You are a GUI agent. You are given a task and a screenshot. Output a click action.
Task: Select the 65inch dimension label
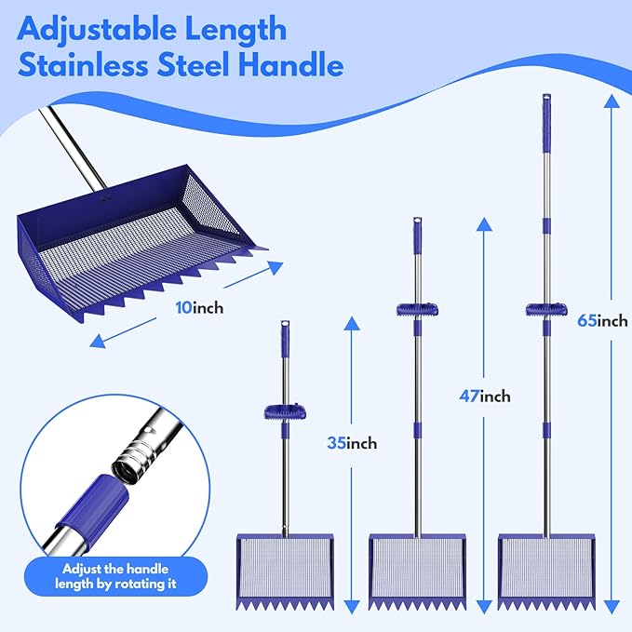[x=602, y=320]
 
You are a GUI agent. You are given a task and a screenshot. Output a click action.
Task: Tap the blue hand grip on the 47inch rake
[x=417, y=310]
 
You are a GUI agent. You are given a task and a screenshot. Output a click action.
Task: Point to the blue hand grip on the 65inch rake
[x=545, y=310]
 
